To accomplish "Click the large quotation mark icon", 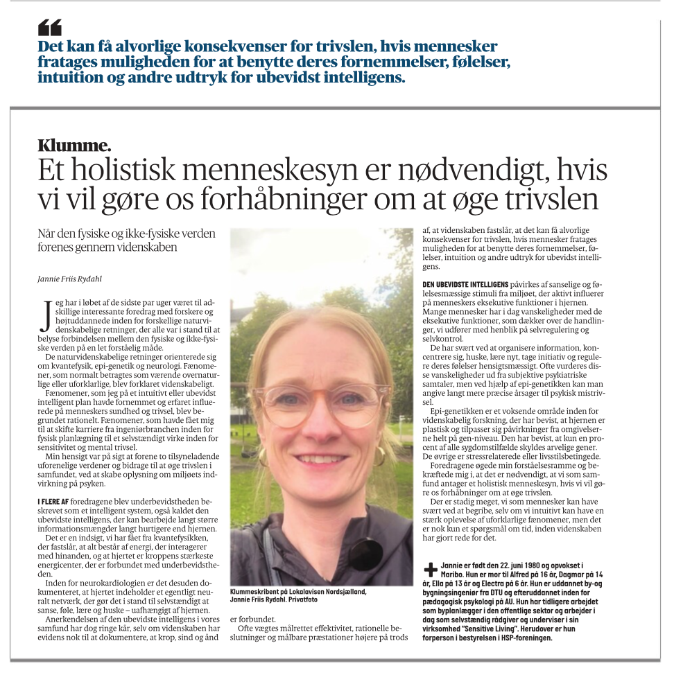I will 50,28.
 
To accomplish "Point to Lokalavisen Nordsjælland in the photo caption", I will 340,591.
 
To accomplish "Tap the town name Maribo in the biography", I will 452,575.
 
